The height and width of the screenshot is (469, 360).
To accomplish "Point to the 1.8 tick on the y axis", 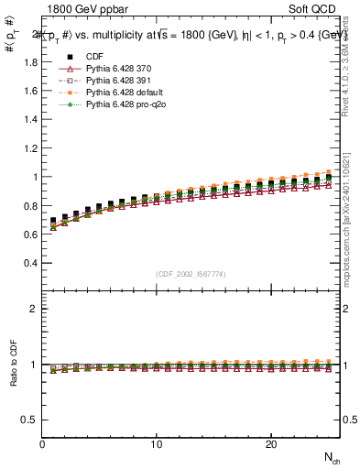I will tap(29, 62).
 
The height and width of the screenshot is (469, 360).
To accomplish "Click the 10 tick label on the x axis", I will tap(157, 444).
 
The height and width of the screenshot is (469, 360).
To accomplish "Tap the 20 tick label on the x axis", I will tap(271, 444).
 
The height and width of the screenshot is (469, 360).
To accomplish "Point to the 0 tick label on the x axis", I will tap(43, 444).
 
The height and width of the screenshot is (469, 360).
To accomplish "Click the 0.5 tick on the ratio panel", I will tap(29, 420).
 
